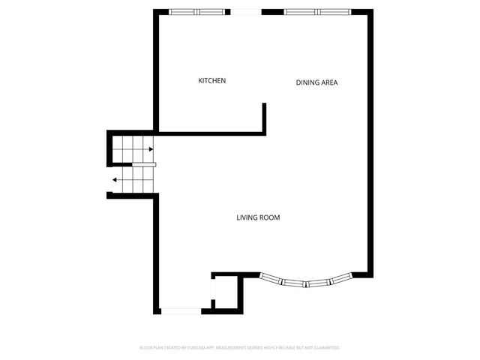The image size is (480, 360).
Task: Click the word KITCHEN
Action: click(x=211, y=81)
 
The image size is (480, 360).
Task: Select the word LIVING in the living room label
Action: click(x=247, y=217)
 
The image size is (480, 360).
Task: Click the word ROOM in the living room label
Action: click(x=270, y=217)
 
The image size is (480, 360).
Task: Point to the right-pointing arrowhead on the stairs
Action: click(x=151, y=149)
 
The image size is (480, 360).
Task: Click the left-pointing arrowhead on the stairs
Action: click(x=115, y=180)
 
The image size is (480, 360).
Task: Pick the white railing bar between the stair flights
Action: click(x=144, y=164)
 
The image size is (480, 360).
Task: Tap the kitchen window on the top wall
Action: click(x=198, y=12)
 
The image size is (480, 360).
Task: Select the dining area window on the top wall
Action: click(x=316, y=12)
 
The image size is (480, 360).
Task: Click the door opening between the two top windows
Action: click(x=244, y=12)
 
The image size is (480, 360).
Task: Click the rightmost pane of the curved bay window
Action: click(x=341, y=280)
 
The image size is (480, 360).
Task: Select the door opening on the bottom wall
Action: click(x=181, y=310)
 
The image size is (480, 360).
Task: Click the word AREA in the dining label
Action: click(x=328, y=82)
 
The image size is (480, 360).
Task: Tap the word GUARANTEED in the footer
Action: click(x=326, y=348)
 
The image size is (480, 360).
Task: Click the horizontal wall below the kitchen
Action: click(x=210, y=134)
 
